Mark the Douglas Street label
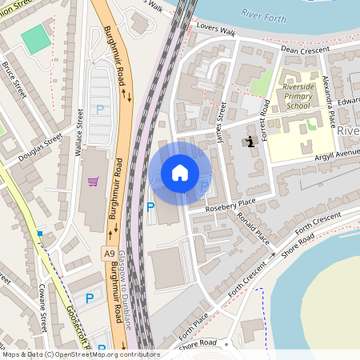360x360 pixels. click(40, 149)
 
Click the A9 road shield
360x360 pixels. click(109, 253)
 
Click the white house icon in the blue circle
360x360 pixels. click(180, 173)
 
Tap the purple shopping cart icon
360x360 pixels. click(94, 182)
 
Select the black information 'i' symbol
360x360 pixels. click(251, 142)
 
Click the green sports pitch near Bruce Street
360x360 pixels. click(35, 39)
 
